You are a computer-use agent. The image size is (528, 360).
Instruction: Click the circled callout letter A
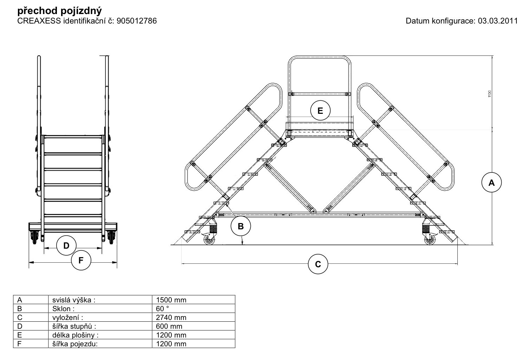coord(491,183)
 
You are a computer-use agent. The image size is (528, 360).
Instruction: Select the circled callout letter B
coord(241,227)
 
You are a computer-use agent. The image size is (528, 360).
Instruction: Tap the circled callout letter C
coord(318,264)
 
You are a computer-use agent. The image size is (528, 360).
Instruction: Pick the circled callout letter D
coord(66,246)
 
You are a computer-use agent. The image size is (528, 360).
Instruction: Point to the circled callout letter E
coord(320,111)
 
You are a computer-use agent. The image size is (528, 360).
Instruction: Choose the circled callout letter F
coord(81,260)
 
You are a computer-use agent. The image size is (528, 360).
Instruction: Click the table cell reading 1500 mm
coord(171,300)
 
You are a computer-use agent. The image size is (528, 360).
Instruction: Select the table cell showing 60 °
coord(163,309)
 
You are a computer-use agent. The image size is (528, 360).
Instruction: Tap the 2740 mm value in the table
coord(171,318)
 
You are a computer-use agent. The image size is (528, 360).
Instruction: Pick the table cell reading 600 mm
coord(169,326)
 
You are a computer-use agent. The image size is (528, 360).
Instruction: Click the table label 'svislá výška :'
coord(74,300)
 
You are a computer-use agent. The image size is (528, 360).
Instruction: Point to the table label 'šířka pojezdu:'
coord(74,344)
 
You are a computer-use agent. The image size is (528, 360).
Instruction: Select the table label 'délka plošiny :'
coord(75,335)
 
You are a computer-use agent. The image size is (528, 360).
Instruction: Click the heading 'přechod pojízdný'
coord(59,11)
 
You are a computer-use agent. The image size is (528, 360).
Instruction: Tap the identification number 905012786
coord(137,21)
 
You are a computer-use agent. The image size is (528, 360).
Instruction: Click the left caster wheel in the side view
coord(210,240)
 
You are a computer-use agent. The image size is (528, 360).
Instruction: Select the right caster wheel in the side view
coord(429,240)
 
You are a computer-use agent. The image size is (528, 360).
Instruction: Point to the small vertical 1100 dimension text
coord(489,94)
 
